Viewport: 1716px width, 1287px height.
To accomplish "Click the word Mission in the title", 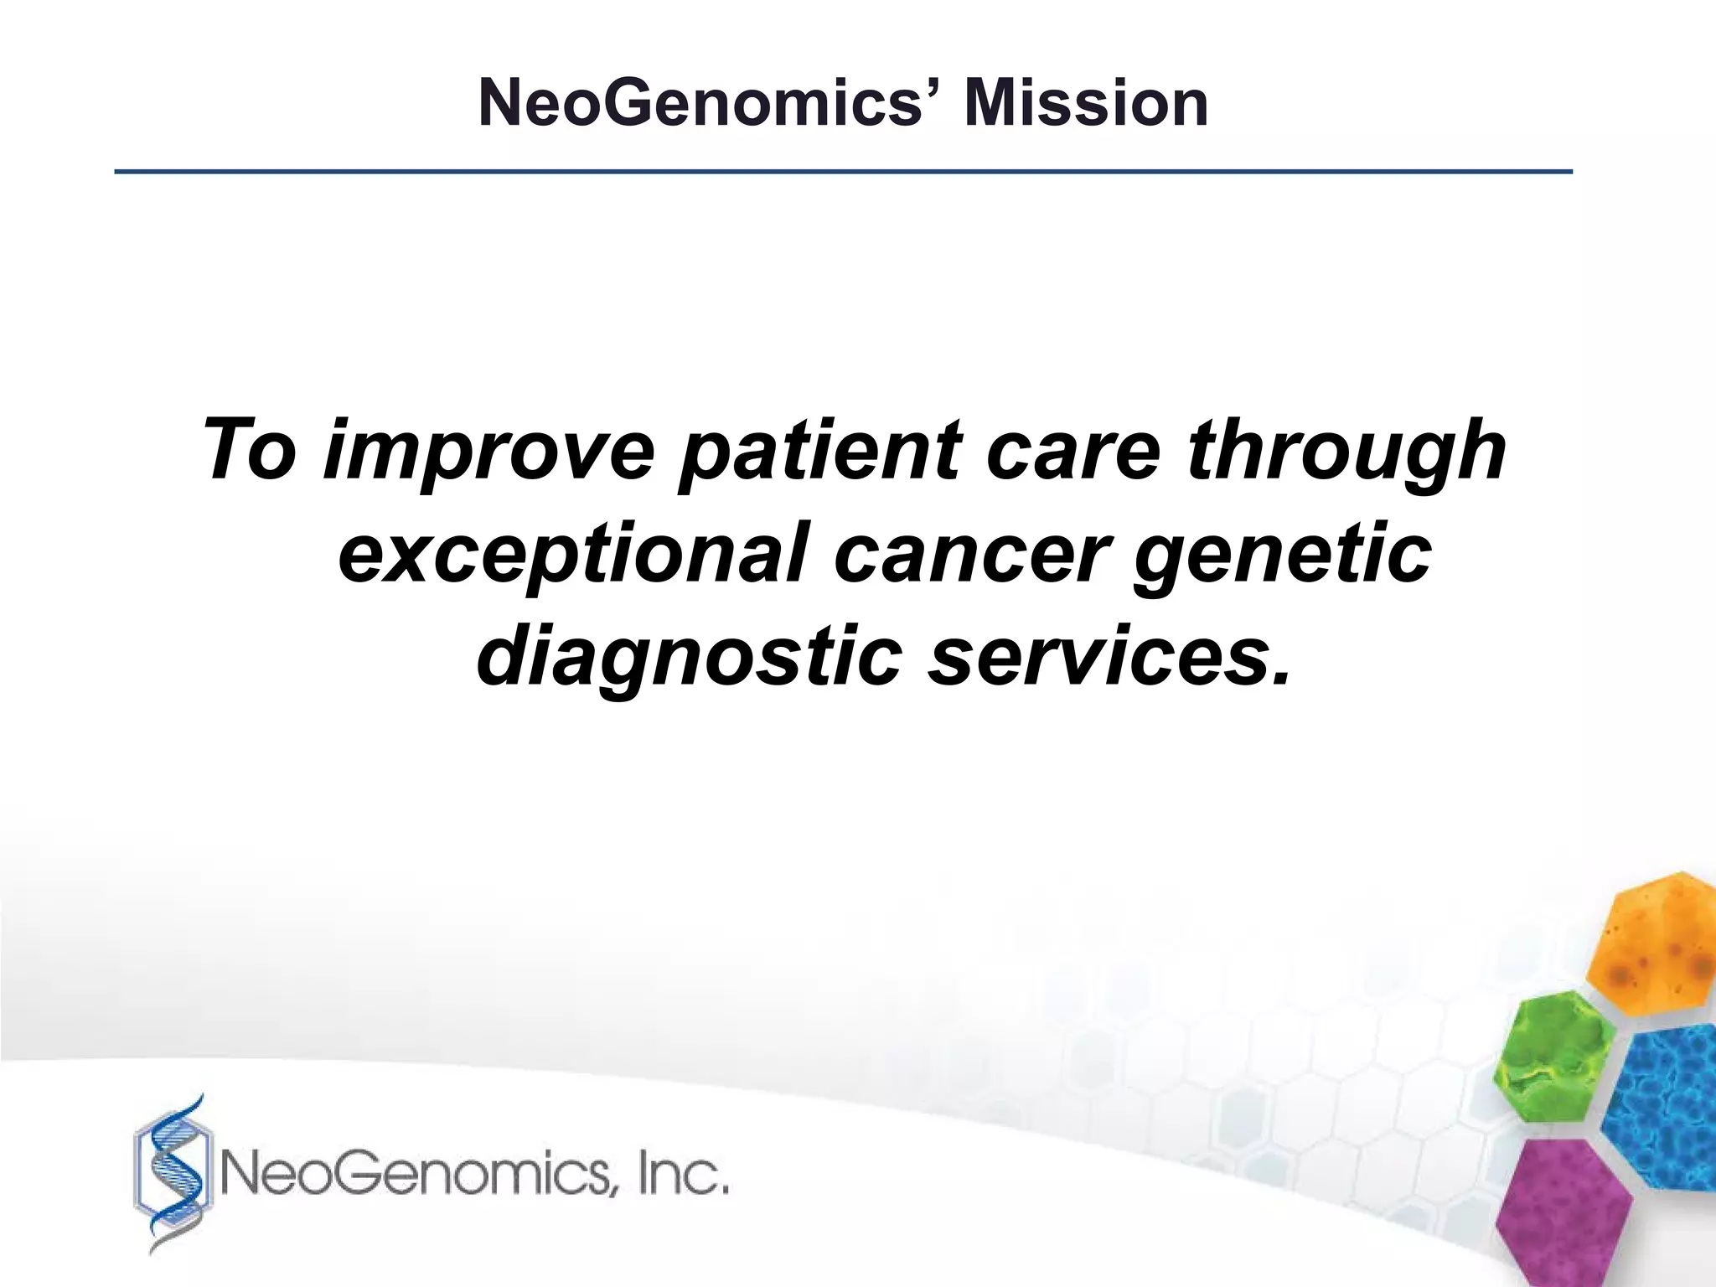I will click(1086, 104).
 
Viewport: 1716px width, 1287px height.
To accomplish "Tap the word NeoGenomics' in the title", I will click(715, 104).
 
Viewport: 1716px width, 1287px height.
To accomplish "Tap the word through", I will click(1346, 452).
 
